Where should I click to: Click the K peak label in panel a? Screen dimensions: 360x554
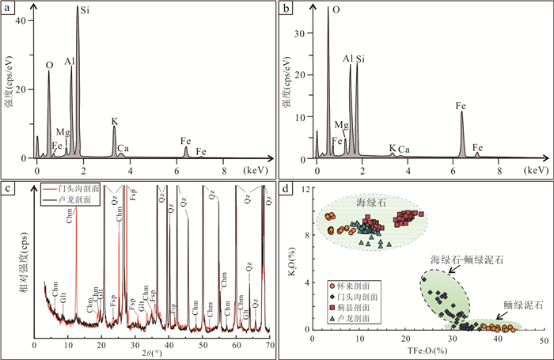(x=114, y=122)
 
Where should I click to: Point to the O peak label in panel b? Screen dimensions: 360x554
(x=336, y=11)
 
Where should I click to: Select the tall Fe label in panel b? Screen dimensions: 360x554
(x=462, y=104)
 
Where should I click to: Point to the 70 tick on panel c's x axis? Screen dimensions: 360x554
(x=270, y=347)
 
